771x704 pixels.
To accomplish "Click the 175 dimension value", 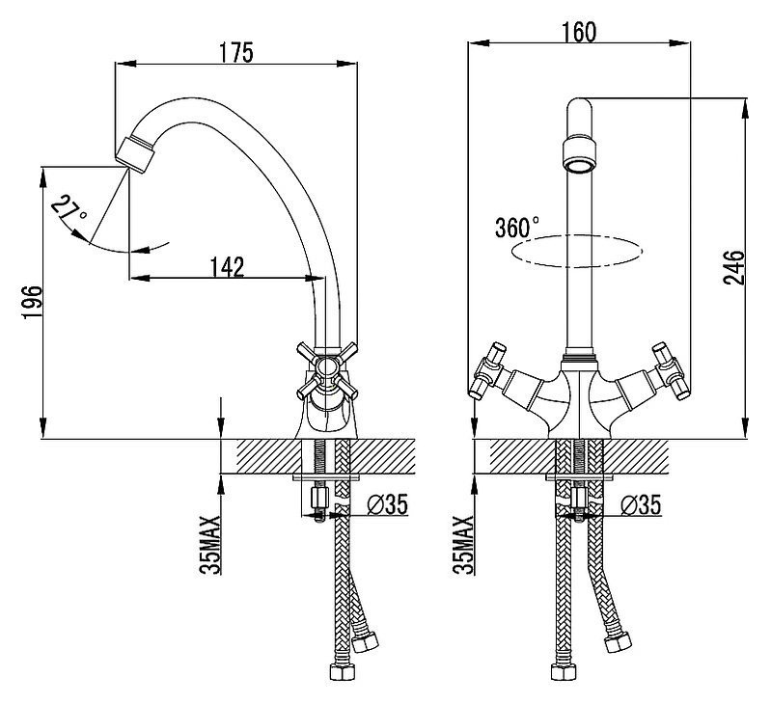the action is tap(236, 53).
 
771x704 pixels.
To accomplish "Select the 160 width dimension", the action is tap(579, 33).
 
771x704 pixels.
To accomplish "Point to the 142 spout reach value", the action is tap(227, 267).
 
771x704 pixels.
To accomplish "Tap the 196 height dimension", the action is tap(33, 302).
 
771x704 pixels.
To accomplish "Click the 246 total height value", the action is tap(733, 268).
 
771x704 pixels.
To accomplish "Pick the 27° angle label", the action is tap(69, 210).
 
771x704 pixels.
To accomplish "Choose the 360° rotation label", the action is tap(517, 228).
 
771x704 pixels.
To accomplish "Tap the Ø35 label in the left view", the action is tap(388, 504).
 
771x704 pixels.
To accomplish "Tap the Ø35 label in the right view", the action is tap(641, 504).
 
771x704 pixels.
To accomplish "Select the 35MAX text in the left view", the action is tap(209, 545).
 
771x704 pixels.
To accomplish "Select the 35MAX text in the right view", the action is tap(462, 545).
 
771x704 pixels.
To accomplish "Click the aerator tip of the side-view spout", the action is tap(135, 154).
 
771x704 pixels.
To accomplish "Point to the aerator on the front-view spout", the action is tap(580, 155).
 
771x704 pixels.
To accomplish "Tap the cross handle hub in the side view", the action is tap(326, 369).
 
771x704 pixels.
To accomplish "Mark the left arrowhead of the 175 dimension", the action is tap(124, 64).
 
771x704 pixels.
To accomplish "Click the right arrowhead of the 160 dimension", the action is tap(680, 43).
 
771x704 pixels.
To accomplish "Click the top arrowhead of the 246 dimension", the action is tap(746, 108).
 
